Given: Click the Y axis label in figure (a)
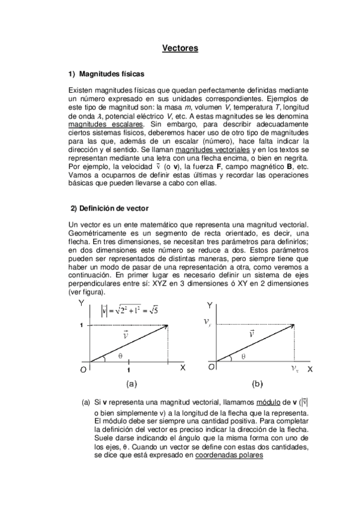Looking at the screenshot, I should click(x=81, y=304).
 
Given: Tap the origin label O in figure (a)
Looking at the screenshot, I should click(x=83, y=371).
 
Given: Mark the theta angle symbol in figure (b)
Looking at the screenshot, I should click(x=243, y=355).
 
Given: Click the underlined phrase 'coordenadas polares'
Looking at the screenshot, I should click(x=229, y=455).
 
